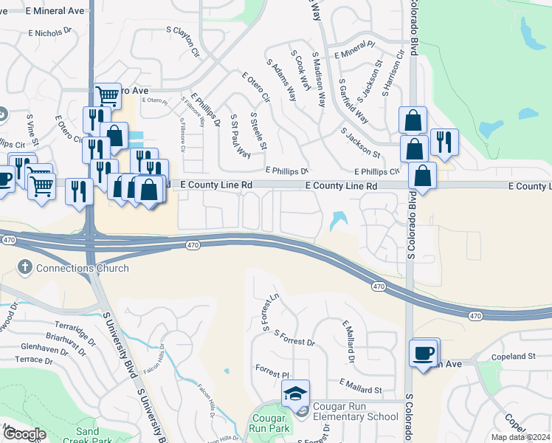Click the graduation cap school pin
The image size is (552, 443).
[295, 393]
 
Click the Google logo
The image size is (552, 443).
[24, 434]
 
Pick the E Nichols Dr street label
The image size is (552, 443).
[52, 33]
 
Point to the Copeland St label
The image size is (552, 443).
[513, 357]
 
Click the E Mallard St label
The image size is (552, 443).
[360, 385]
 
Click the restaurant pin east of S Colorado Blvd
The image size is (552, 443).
[444, 141]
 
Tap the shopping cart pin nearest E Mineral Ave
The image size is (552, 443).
[108, 95]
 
